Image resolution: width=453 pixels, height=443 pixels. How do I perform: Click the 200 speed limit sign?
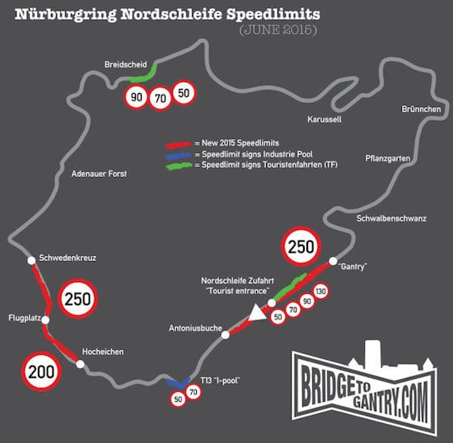coord(42,371)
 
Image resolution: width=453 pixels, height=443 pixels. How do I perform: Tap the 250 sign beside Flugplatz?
coord(78,299)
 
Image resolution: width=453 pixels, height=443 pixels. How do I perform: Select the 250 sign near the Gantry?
coord(301,246)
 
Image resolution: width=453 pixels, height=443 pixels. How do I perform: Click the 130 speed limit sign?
coord(320,291)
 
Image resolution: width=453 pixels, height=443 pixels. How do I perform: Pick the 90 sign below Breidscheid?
coord(137,97)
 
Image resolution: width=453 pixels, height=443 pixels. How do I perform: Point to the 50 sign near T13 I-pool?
coord(178,399)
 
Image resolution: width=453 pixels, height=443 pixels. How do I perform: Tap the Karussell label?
coord(325,119)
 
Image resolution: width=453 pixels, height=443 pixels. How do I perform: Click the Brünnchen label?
coord(421,110)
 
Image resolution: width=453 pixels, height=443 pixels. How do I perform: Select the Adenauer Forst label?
coord(99,174)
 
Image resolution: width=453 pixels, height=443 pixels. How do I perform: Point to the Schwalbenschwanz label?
coord(391,218)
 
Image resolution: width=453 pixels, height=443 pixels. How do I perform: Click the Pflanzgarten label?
coord(388,159)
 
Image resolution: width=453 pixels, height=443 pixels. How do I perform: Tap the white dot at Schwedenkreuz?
coord(31,260)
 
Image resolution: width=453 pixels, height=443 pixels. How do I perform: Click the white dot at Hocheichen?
coord(81,364)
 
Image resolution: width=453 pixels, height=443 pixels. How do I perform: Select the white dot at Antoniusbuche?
coord(226,335)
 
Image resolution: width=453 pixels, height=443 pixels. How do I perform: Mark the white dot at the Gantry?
coord(333,261)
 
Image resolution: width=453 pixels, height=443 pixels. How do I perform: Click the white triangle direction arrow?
coord(257,313)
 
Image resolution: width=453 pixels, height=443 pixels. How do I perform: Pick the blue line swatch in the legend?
coord(178,156)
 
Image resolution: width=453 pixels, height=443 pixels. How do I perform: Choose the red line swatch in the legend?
coord(178,144)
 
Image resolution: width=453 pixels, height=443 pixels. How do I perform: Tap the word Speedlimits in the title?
coord(273,15)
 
